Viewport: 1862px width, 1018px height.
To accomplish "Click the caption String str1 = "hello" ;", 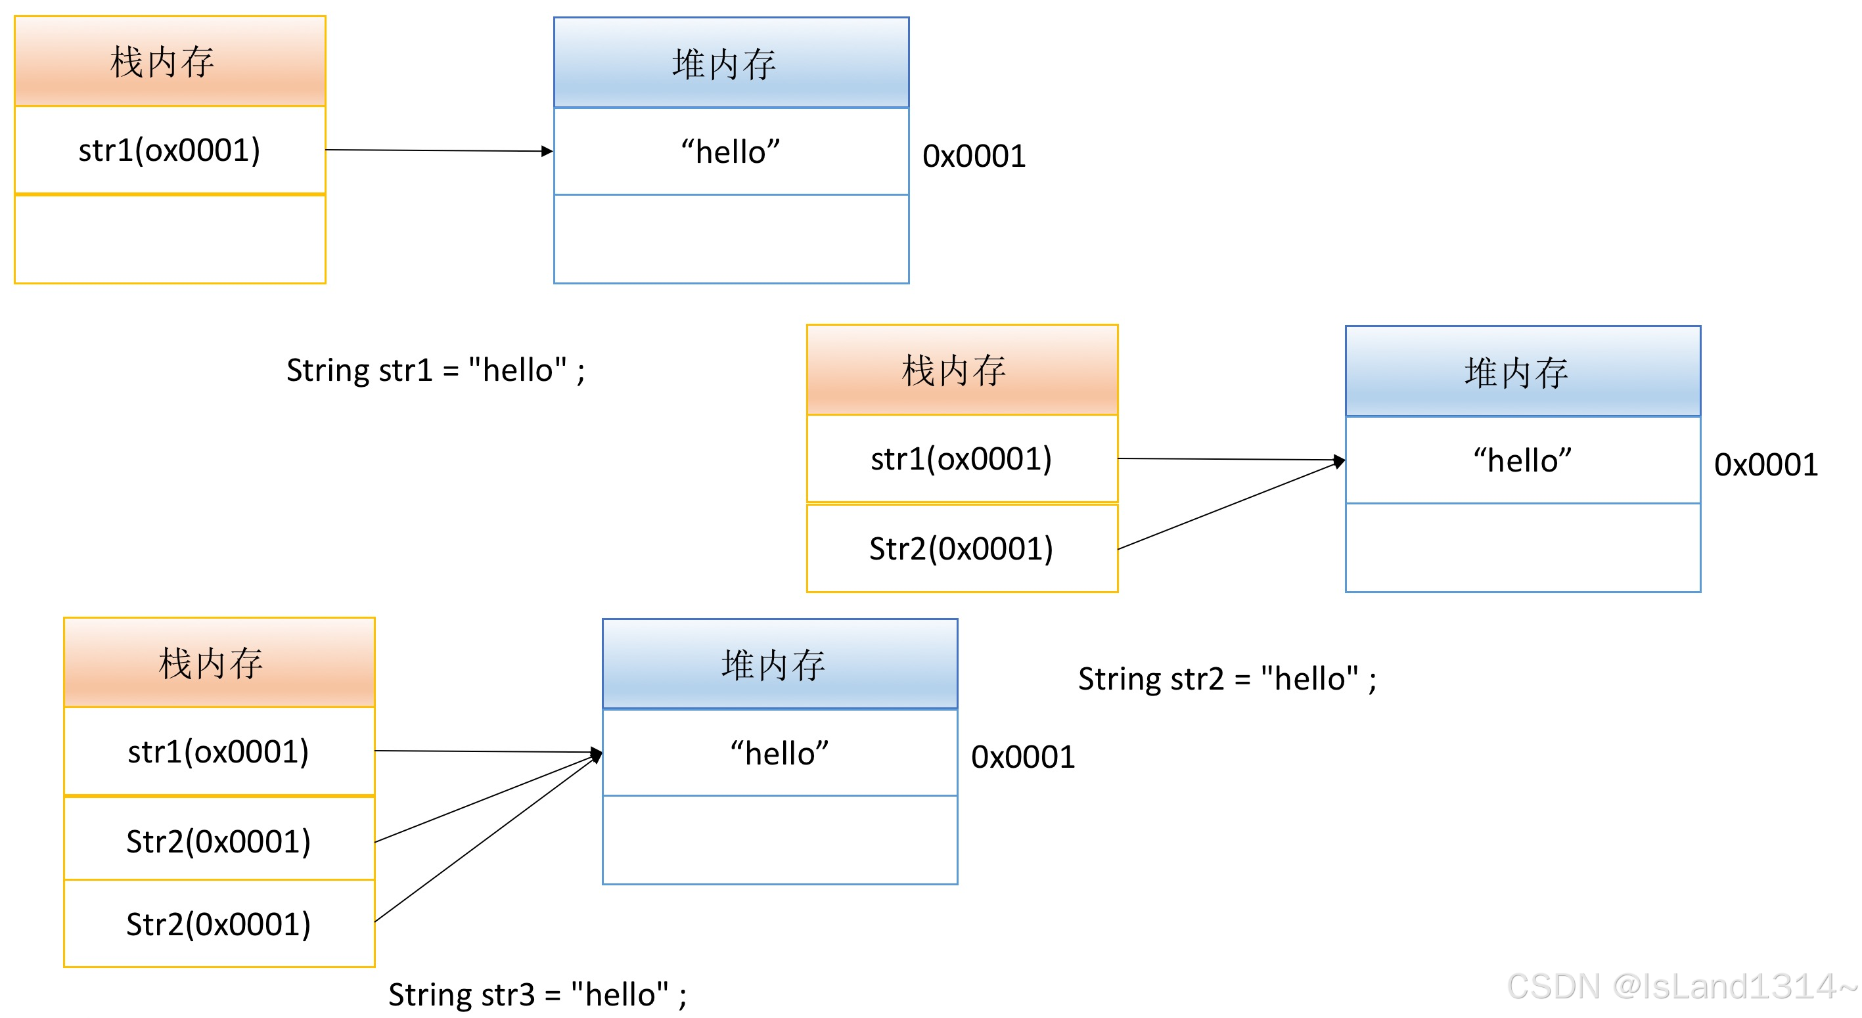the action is [435, 370].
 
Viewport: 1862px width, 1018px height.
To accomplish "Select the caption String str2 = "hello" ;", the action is [1227, 679].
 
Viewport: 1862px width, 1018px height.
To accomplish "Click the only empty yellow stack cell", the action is [170, 239].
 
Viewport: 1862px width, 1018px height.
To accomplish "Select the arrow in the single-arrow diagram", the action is [440, 150].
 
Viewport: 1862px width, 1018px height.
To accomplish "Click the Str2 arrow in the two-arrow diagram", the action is [1231, 504].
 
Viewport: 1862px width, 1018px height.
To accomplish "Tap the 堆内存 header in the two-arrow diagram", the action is [1523, 371].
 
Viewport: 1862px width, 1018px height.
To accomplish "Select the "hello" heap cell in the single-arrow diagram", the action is [731, 152].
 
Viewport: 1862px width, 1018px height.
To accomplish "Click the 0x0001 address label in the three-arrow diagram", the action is [1023, 757].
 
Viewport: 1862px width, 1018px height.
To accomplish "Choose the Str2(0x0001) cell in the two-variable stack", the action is [962, 548].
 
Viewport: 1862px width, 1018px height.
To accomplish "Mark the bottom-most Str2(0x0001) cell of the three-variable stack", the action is [219, 923].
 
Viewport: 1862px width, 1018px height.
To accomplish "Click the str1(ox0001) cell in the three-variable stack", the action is [219, 751].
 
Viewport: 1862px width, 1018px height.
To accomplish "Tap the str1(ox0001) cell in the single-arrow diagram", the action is [170, 150].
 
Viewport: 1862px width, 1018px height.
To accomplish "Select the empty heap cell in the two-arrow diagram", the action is [1523, 548].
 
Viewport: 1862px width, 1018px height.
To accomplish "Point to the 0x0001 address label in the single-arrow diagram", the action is [974, 156].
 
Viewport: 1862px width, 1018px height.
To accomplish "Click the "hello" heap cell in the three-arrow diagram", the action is [780, 753].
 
